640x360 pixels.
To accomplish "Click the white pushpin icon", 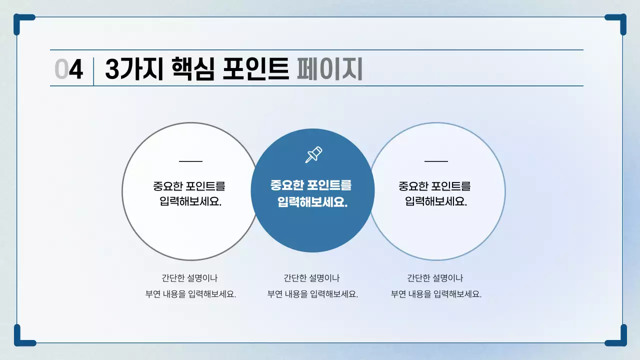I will (x=313, y=155).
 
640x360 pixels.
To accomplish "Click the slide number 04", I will (x=68, y=69).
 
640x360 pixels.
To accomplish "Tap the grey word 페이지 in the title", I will (x=329, y=69).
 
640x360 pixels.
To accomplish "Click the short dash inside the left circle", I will (x=190, y=161).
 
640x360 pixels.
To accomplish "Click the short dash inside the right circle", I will (x=436, y=161).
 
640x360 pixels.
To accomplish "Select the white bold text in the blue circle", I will (x=311, y=193).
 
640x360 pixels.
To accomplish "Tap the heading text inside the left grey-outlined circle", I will (x=189, y=193).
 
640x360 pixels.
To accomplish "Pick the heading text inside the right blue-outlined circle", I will (x=435, y=193).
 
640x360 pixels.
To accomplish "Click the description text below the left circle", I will (x=190, y=286).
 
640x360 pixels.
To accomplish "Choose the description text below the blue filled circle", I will (x=312, y=286).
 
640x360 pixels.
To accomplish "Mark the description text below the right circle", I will (x=435, y=286).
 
